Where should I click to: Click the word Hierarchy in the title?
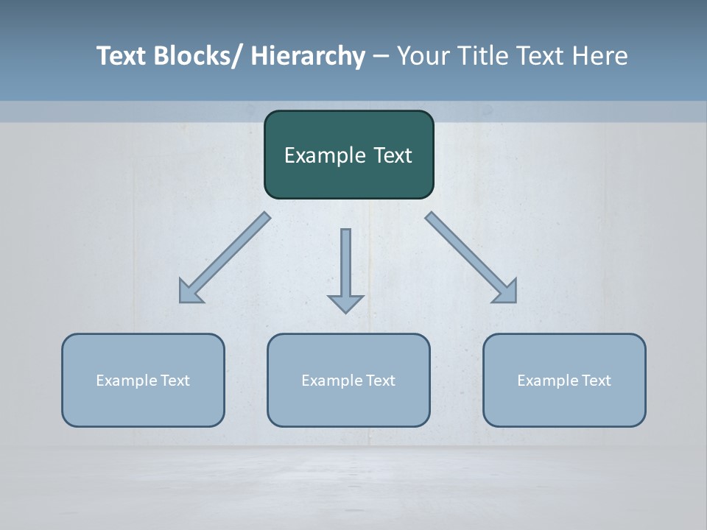click(x=308, y=56)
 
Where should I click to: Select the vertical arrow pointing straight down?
click(x=345, y=265)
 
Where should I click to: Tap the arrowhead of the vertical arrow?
click(x=345, y=303)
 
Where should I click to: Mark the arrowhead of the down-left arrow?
click(x=189, y=292)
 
